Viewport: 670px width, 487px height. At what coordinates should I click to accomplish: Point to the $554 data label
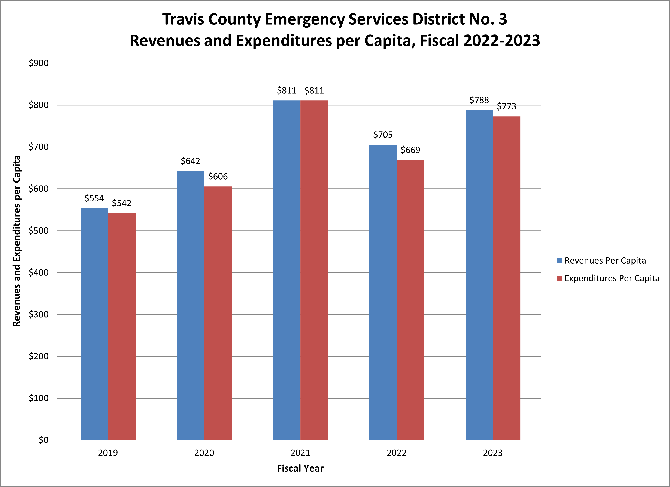tap(94, 198)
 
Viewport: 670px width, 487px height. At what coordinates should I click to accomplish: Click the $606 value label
tap(218, 176)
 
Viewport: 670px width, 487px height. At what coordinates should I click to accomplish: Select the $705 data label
tap(383, 135)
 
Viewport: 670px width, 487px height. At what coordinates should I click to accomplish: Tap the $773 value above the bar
tap(507, 106)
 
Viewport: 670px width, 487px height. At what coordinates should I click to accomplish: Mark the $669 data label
tap(410, 150)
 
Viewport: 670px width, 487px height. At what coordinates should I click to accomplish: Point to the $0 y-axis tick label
tap(43, 440)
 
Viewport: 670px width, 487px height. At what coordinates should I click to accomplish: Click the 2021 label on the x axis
tap(300, 453)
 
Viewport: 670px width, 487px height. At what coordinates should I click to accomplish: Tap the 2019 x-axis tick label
tap(108, 453)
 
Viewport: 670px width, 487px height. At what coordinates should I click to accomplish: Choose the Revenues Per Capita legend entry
tap(605, 261)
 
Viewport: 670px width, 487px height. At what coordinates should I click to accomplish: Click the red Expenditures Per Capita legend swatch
tap(559, 278)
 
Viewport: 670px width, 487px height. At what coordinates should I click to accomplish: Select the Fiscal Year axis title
tap(300, 468)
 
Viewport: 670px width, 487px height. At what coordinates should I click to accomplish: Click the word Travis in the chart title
tap(183, 19)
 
